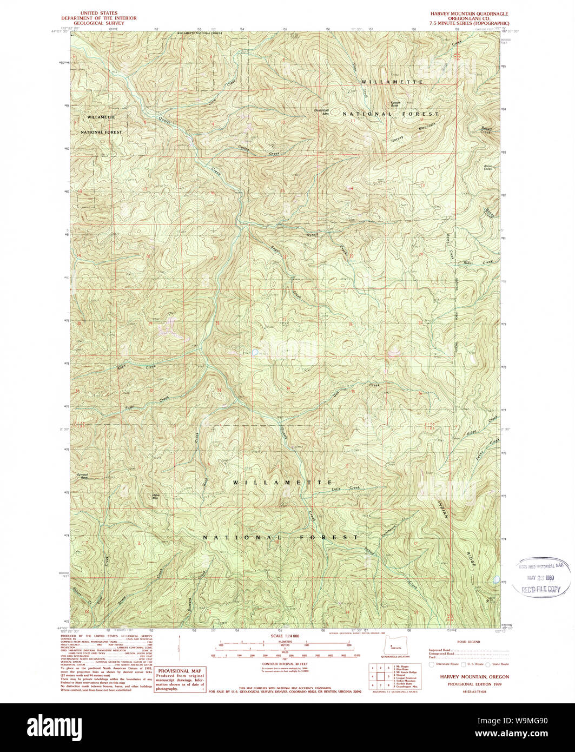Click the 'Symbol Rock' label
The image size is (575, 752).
click(x=82, y=476)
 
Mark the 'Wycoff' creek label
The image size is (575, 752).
click(x=312, y=235)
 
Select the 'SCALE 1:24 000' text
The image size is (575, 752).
click(x=288, y=636)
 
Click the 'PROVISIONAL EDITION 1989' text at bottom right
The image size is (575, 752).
click(x=468, y=683)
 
